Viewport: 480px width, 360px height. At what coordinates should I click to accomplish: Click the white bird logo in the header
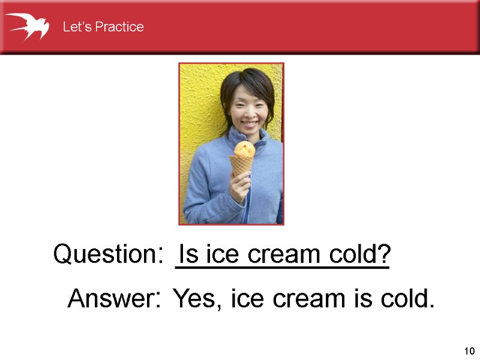[27, 26]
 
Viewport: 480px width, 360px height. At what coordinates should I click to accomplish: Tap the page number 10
[469, 351]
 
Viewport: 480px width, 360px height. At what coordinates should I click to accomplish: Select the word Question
[104, 255]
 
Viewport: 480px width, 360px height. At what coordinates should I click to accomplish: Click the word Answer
[110, 298]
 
